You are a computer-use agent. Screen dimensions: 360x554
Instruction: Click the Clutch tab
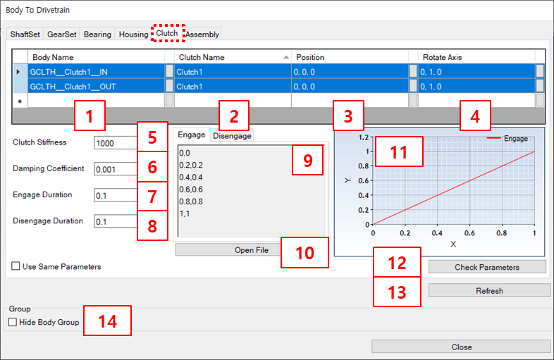coord(167,33)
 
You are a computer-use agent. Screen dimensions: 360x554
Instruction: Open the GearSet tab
coord(62,34)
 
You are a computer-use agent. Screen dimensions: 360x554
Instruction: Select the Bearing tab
coord(97,34)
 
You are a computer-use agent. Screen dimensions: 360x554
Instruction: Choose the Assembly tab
coord(202,34)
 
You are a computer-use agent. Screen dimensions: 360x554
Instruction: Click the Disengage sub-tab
coord(232,135)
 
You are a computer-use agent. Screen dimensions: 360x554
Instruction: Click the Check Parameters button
coord(487,267)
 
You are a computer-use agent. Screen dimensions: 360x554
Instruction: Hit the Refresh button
coord(489,290)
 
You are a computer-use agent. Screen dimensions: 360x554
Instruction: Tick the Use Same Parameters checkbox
coord(16,267)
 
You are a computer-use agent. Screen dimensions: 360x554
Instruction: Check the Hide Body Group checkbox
coord(13,323)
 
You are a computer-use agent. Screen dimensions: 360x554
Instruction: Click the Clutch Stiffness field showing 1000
coord(115,143)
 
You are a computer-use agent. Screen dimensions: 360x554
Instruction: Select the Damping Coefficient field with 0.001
coord(115,169)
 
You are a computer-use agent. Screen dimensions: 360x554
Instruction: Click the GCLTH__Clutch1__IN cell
coord(96,71)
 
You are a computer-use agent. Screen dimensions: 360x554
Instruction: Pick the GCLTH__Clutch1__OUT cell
coord(96,87)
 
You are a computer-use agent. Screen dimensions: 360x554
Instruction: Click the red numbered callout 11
coord(399,151)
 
